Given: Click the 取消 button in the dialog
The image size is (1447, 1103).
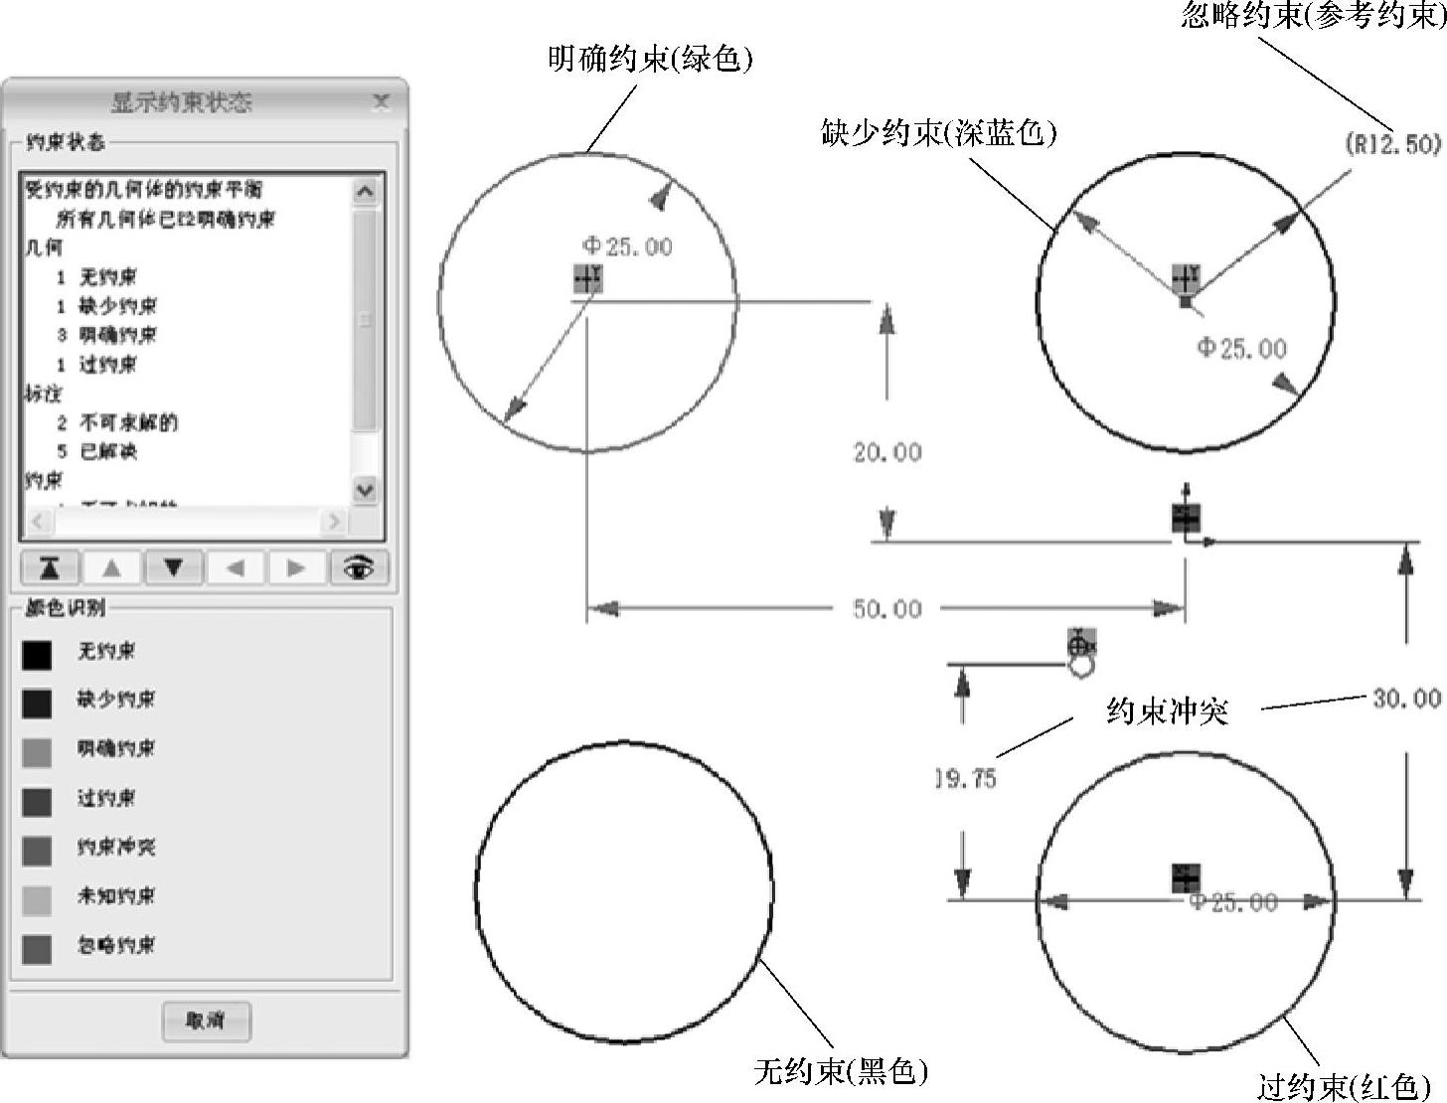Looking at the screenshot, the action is tap(206, 1021).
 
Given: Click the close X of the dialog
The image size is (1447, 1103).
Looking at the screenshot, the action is tap(381, 100).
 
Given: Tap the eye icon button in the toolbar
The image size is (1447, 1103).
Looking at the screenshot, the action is tap(358, 567).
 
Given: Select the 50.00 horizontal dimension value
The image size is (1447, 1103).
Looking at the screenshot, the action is tap(886, 608).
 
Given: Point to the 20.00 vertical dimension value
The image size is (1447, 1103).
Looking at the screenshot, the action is tap(886, 452).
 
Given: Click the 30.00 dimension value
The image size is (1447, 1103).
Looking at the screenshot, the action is tap(1405, 699).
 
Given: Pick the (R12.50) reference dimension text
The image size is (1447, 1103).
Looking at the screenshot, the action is tap(1392, 144).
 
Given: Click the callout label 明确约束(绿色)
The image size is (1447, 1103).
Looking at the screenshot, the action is tap(650, 59).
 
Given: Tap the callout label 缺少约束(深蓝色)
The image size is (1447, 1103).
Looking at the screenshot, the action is tap(938, 132).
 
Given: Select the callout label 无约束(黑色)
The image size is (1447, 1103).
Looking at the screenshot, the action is tap(841, 1070).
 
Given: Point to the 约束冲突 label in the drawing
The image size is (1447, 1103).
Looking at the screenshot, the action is tap(1167, 710).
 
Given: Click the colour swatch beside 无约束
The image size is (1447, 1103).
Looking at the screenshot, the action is tap(37, 654).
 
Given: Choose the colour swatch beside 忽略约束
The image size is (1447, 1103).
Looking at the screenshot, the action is tap(37, 948).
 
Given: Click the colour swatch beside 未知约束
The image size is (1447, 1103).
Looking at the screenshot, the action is tap(37, 899).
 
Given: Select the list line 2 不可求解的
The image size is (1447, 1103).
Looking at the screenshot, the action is tap(117, 422).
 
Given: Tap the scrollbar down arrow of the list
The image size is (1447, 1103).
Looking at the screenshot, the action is tap(365, 489).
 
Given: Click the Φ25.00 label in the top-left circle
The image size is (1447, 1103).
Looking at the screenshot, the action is tap(627, 245).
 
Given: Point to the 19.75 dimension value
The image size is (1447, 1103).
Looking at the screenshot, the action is tap(966, 778).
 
